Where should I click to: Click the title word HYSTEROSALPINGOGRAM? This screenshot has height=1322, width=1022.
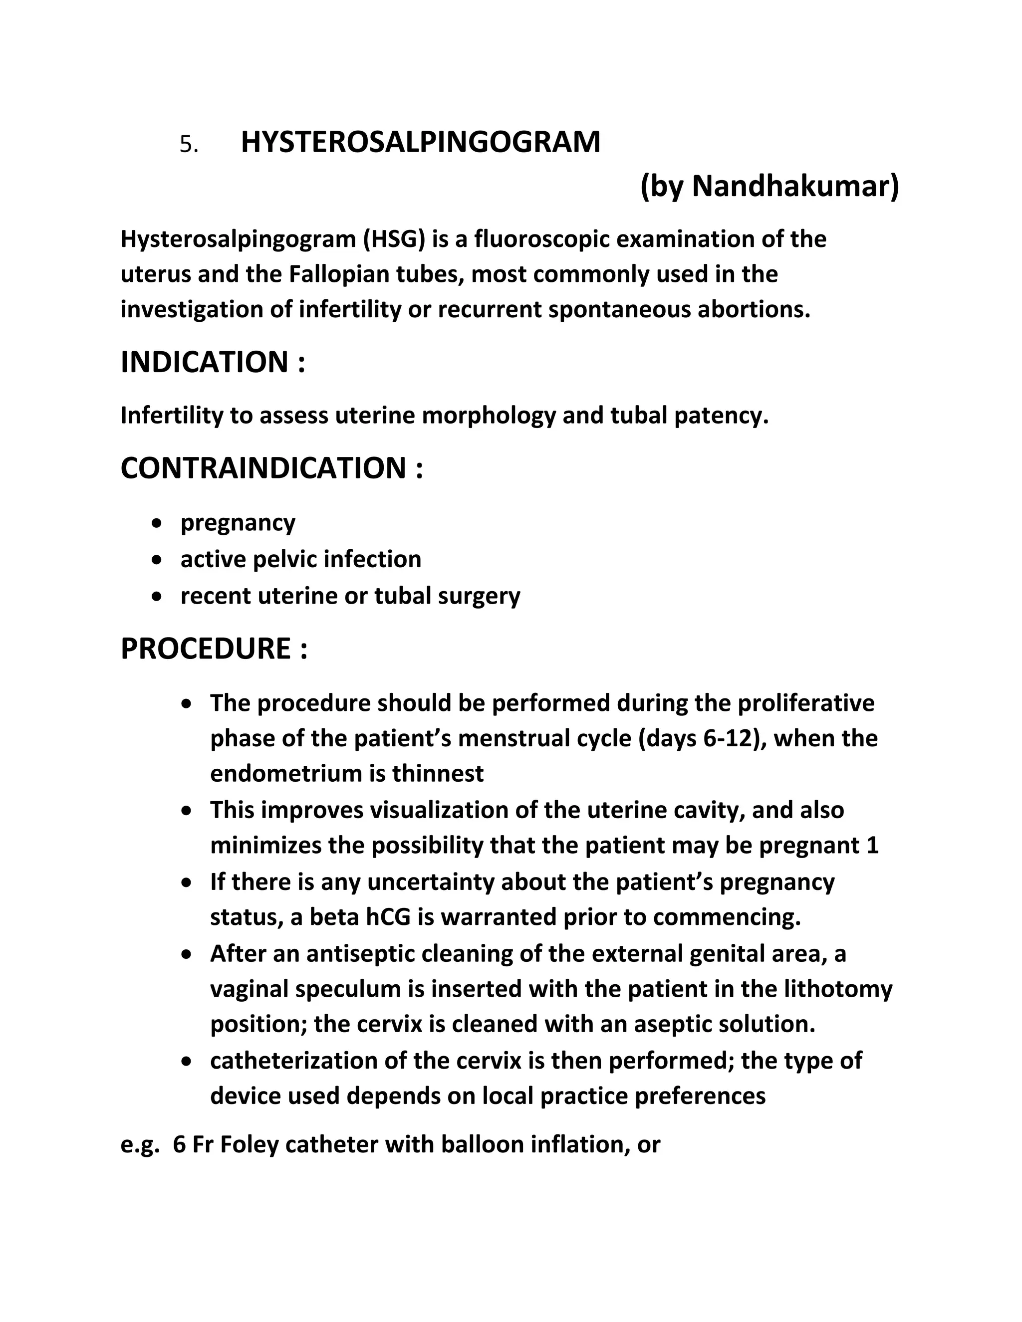[420, 143]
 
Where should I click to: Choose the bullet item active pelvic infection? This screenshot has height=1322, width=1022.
[300, 559]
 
